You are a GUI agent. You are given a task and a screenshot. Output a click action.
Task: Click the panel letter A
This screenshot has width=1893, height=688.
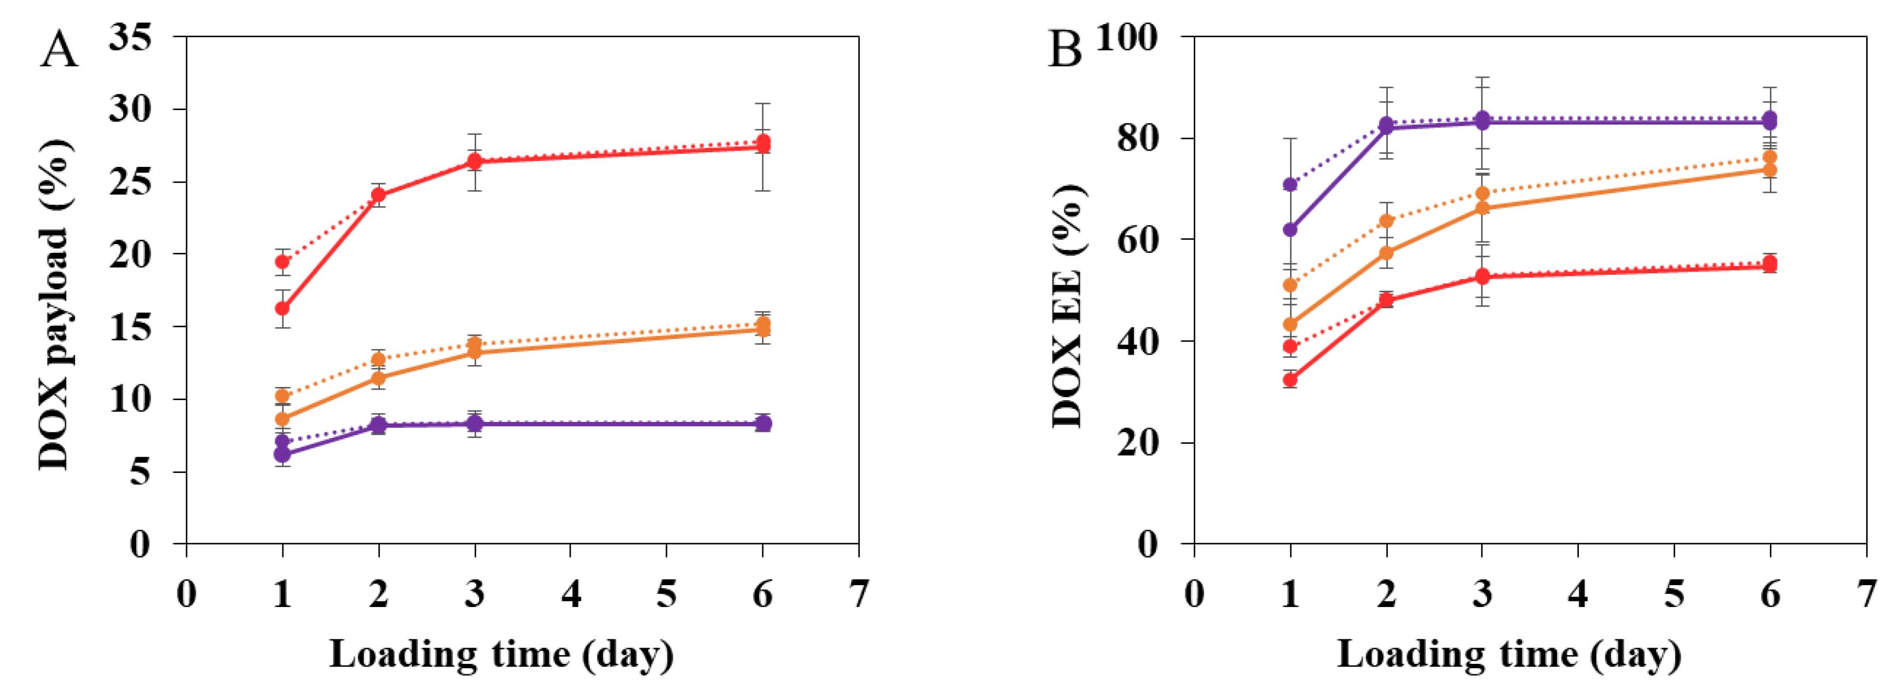(59, 50)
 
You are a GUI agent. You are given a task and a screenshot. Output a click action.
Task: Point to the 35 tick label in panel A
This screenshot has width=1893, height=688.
(130, 36)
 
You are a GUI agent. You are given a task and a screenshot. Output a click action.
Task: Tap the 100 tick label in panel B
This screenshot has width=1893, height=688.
(1126, 36)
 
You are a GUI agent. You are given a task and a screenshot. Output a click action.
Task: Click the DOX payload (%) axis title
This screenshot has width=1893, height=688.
(55, 305)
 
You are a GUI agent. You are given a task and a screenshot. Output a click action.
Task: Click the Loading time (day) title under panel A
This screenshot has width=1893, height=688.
(501, 654)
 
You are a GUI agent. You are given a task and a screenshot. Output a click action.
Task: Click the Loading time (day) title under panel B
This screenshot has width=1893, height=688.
(1509, 654)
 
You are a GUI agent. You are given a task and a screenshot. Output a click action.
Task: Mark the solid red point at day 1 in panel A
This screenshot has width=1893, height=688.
(282, 308)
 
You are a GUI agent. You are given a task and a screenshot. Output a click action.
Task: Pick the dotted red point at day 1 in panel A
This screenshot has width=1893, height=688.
(282, 262)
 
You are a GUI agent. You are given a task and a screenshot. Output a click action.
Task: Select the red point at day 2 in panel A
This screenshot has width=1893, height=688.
(379, 195)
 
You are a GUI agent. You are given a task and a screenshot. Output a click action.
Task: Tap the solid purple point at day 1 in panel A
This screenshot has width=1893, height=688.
(282, 454)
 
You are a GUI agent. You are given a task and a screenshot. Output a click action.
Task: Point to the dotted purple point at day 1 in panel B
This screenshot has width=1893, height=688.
(1290, 184)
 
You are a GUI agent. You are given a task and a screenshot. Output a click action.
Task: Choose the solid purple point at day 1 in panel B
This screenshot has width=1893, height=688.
(1290, 230)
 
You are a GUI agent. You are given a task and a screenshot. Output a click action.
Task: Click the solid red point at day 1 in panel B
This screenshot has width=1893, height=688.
(1290, 380)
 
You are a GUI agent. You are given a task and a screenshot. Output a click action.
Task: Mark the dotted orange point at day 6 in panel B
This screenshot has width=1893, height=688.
(1770, 157)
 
